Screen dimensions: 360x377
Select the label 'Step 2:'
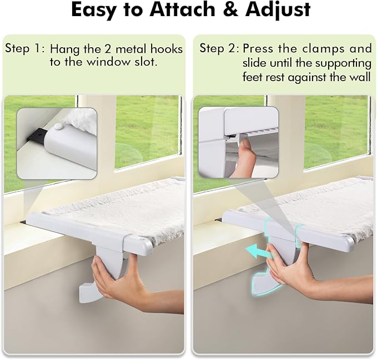point(219,49)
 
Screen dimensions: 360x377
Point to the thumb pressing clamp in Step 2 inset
point(241,151)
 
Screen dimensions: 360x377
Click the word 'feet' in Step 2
point(254,77)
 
